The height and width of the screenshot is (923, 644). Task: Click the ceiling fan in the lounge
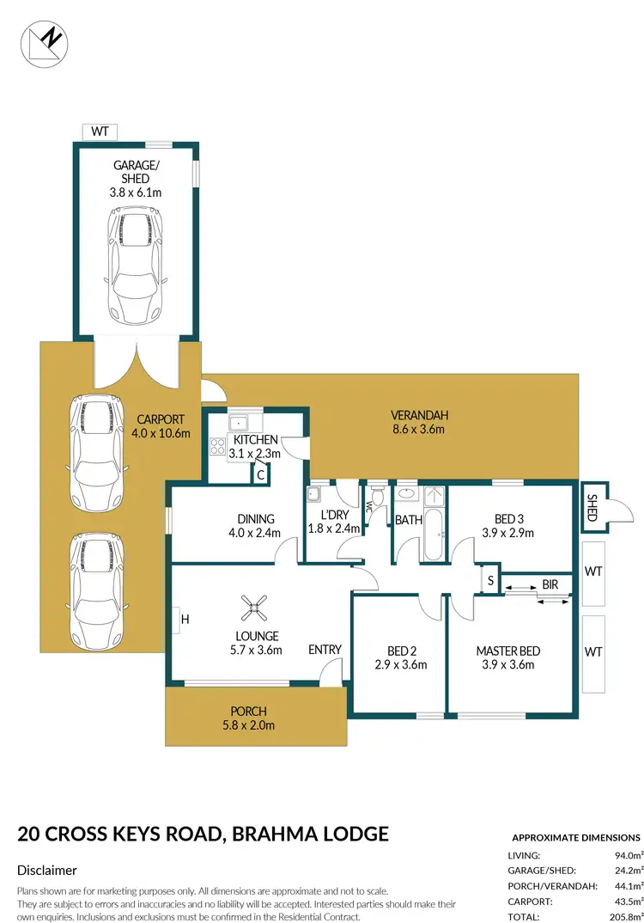(x=252, y=608)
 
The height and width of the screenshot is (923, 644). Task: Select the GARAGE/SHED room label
(x=136, y=172)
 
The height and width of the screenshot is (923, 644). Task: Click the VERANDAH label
(x=419, y=416)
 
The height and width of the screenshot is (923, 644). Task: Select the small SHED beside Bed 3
(x=592, y=506)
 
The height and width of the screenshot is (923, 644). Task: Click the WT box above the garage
(x=100, y=131)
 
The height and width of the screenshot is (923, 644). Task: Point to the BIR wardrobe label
(x=550, y=585)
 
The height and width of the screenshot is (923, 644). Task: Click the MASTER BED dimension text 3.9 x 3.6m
(x=507, y=664)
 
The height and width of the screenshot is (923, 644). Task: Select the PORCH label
(x=248, y=712)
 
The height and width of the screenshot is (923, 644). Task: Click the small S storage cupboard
(x=489, y=580)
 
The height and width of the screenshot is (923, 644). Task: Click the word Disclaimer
(x=47, y=871)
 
